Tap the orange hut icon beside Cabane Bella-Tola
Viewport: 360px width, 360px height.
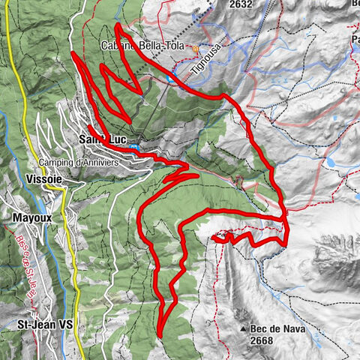click(x=196, y=49)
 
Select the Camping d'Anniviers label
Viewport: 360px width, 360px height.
click(x=77, y=163)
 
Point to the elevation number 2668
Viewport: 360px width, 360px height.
click(x=262, y=341)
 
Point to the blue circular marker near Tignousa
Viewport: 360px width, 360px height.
click(x=174, y=77)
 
